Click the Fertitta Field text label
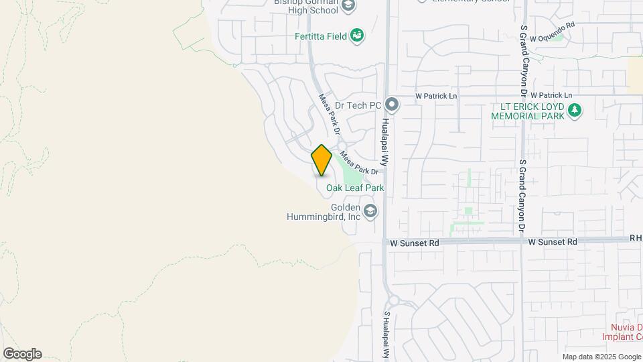pos(321,36)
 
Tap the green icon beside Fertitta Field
pos(357,36)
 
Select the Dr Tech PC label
pos(358,105)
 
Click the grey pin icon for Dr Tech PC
pos(392,105)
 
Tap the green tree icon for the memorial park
pos(574,111)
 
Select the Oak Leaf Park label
pos(355,188)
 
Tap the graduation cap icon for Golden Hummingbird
pos(370,213)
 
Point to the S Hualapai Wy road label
pos(386,335)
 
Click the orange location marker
pos(321,160)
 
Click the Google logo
pos(22,354)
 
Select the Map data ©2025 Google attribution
pos(601,357)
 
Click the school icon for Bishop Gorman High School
pos(348,6)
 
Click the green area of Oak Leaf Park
pos(350,172)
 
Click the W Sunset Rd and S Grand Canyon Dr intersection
pos(522,241)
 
